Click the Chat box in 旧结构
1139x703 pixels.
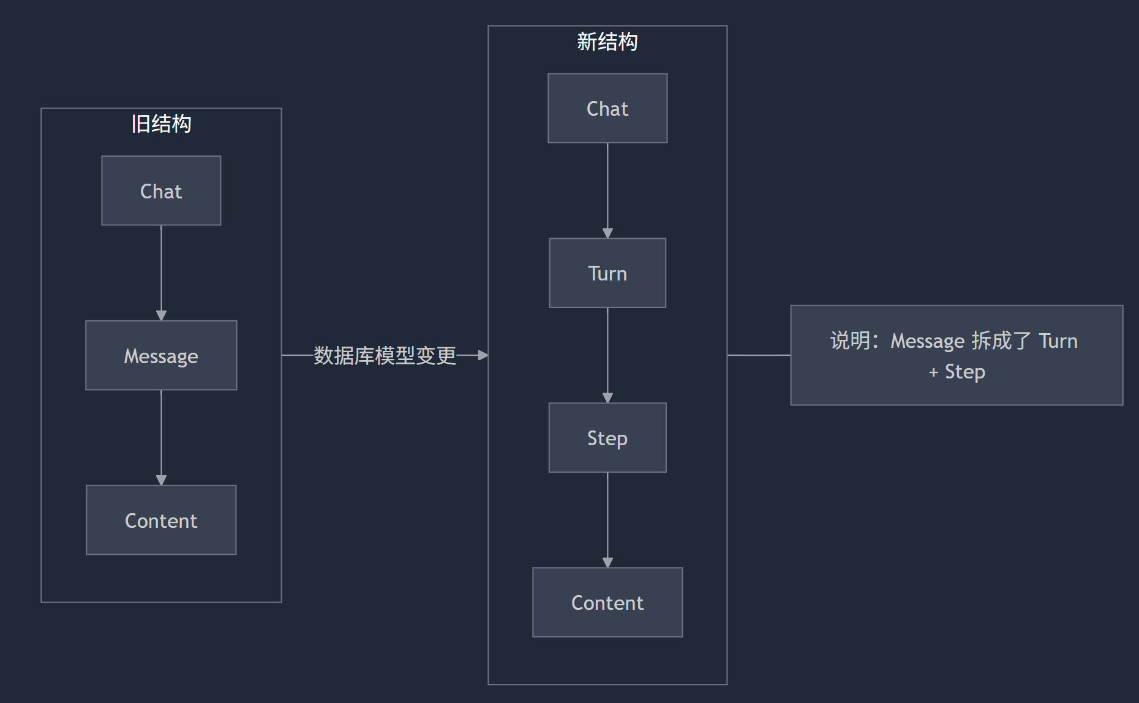(161, 190)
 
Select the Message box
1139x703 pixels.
(161, 355)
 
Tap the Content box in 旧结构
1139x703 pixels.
(161, 520)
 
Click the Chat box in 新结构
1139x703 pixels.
(607, 108)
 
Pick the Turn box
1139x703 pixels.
(607, 273)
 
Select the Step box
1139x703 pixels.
(607, 438)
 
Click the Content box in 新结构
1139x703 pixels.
(607, 602)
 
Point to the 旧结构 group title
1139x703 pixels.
(161, 124)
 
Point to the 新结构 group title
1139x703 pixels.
(607, 42)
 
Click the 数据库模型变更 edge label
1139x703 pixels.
(385, 355)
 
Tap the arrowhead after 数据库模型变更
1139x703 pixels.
(483, 355)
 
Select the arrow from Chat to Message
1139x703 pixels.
(161, 273)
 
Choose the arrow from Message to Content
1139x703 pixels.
(161, 437)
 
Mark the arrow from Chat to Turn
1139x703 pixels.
(607, 190)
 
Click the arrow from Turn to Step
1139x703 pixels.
(607, 355)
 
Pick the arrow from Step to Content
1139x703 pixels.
(607, 519)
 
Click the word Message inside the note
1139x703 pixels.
(927, 341)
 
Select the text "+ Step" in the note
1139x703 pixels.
(957, 372)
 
